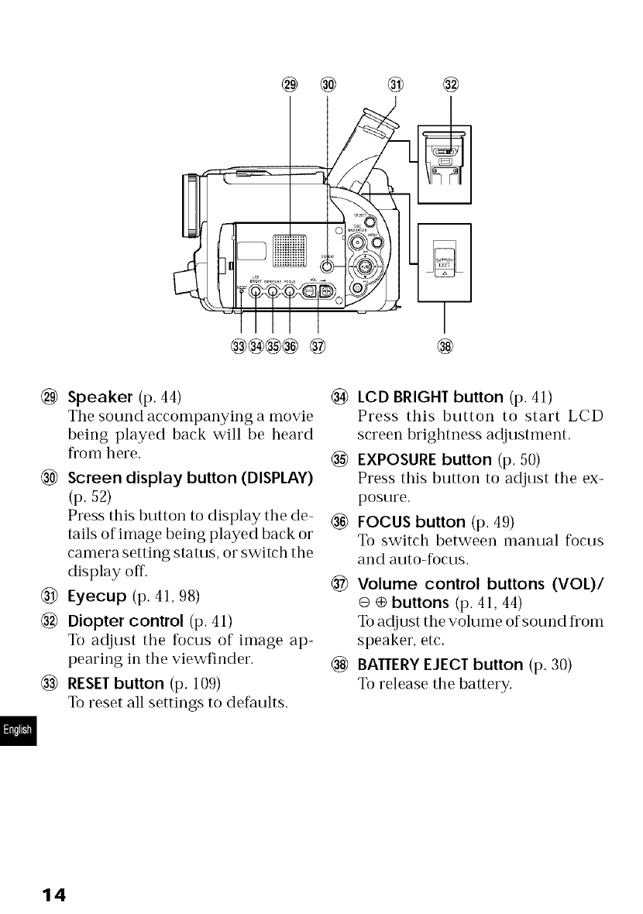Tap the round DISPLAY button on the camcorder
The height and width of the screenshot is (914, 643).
328,266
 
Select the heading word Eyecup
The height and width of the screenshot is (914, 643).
95,597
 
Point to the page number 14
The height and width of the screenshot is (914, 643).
54,895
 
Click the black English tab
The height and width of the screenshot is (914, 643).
15,731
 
